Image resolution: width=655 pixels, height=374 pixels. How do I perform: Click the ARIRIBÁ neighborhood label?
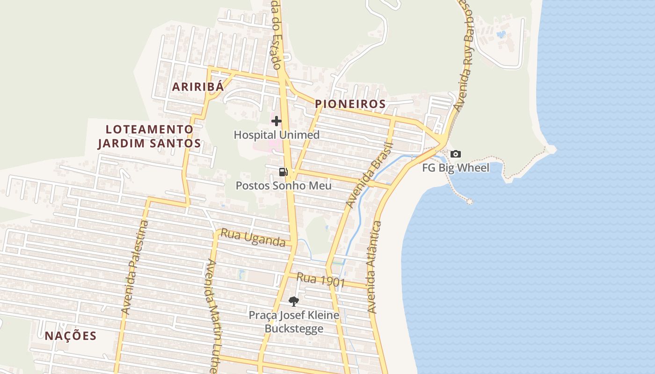pyautogui.click(x=197, y=87)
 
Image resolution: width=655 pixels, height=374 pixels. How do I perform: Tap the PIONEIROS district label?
pyautogui.click(x=350, y=104)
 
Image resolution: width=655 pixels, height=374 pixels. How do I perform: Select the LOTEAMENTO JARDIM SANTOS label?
pyautogui.click(x=149, y=137)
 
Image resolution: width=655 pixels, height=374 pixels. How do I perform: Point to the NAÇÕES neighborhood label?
pyautogui.click(x=71, y=336)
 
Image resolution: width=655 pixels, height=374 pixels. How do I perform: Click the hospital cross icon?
pyautogui.click(x=277, y=121)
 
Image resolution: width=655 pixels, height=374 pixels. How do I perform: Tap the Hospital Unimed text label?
pyautogui.click(x=277, y=135)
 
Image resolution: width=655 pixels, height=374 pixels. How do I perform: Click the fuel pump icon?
pyautogui.click(x=283, y=172)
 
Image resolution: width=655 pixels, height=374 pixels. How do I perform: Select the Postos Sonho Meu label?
pyautogui.click(x=284, y=186)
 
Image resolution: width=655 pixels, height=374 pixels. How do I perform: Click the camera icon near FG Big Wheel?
pyautogui.click(x=455, y=154)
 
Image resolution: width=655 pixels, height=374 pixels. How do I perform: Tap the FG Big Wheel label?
pyautogui.click(x=456, y=168)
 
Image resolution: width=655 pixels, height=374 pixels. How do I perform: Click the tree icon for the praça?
pyautogui.click(x=293, y=301)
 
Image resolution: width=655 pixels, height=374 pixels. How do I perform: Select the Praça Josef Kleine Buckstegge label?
pyautogui.click(x=294, y=322)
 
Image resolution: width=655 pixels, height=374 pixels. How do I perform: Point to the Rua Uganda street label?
pyautogui.click(x=253, y=237)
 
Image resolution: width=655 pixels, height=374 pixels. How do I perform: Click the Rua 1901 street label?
pyautogui.click(x=321, y=280)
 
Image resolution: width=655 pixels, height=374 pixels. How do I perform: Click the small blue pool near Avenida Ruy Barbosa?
pyautogui.click(x=501, y=34)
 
